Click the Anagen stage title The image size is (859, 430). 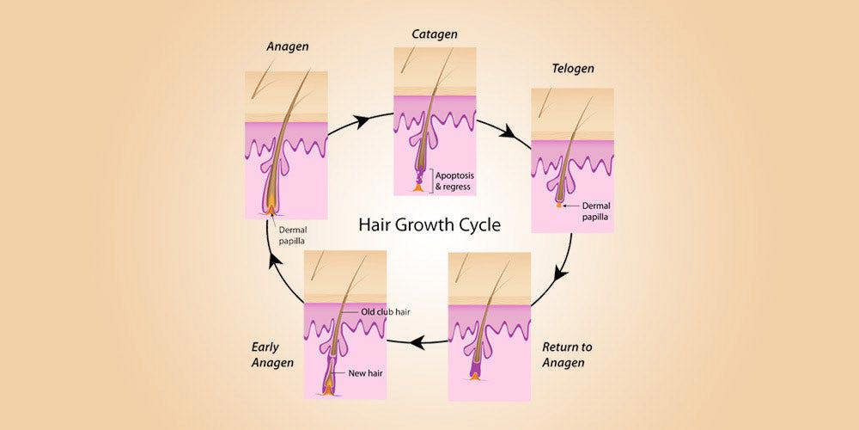click(x=288, y=46)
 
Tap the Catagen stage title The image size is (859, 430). click(x=435, y=34)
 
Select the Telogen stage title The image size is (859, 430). click(x=572, y=69)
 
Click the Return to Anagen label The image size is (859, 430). click(x=567, y=355)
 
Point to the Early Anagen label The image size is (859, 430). click(x=273, y=355)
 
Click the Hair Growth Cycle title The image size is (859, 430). click(x=429, y=225)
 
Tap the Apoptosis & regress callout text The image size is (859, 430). click(x=454, y=181)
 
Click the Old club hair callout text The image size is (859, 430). click(x=386, y=312)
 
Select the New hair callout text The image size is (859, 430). click(x=365, y=374)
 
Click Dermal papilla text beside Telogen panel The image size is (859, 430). click(x=596, y=212)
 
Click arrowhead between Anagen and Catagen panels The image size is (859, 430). click(x=362, y=121)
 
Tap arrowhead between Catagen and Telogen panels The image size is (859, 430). click(x=509, y=131)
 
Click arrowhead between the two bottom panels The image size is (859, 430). click(x=417, y=343)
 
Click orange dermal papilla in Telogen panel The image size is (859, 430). click(x=558, y=206)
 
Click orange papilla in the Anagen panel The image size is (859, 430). click(x=271, y=210)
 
